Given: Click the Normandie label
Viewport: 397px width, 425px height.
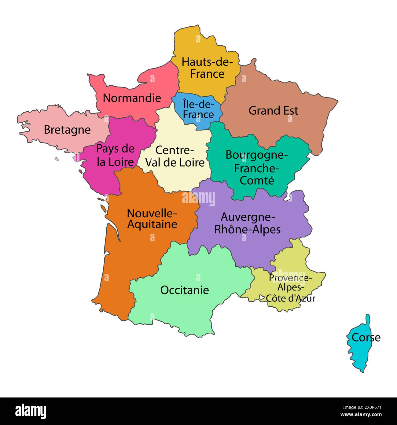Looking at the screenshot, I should pos(132,98).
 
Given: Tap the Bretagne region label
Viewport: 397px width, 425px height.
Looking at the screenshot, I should pos(67,130).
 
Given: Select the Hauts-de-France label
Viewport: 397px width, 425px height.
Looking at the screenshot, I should pos(207,68).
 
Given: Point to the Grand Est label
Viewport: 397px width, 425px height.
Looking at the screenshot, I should pos(273,110).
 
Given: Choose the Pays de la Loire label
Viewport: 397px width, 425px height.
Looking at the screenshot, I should pos(115,155).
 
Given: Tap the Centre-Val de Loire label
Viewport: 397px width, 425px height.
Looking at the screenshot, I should pos(175,156).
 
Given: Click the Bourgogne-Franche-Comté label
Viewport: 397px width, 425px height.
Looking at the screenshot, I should pos(257,168).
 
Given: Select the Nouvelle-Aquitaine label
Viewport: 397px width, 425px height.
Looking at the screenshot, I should pos(152,218).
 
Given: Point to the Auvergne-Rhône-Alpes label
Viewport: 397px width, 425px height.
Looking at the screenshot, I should pos(248,223).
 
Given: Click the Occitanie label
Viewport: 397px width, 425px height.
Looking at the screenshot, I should pos(185,290).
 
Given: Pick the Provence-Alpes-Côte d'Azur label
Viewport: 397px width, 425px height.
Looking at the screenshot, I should pos(290,288).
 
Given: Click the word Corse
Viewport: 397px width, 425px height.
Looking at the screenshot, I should pos(366,338).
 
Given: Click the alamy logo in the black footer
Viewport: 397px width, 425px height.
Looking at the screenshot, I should pos(31,411).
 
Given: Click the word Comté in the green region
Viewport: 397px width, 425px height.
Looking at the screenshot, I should pos(257,180).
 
